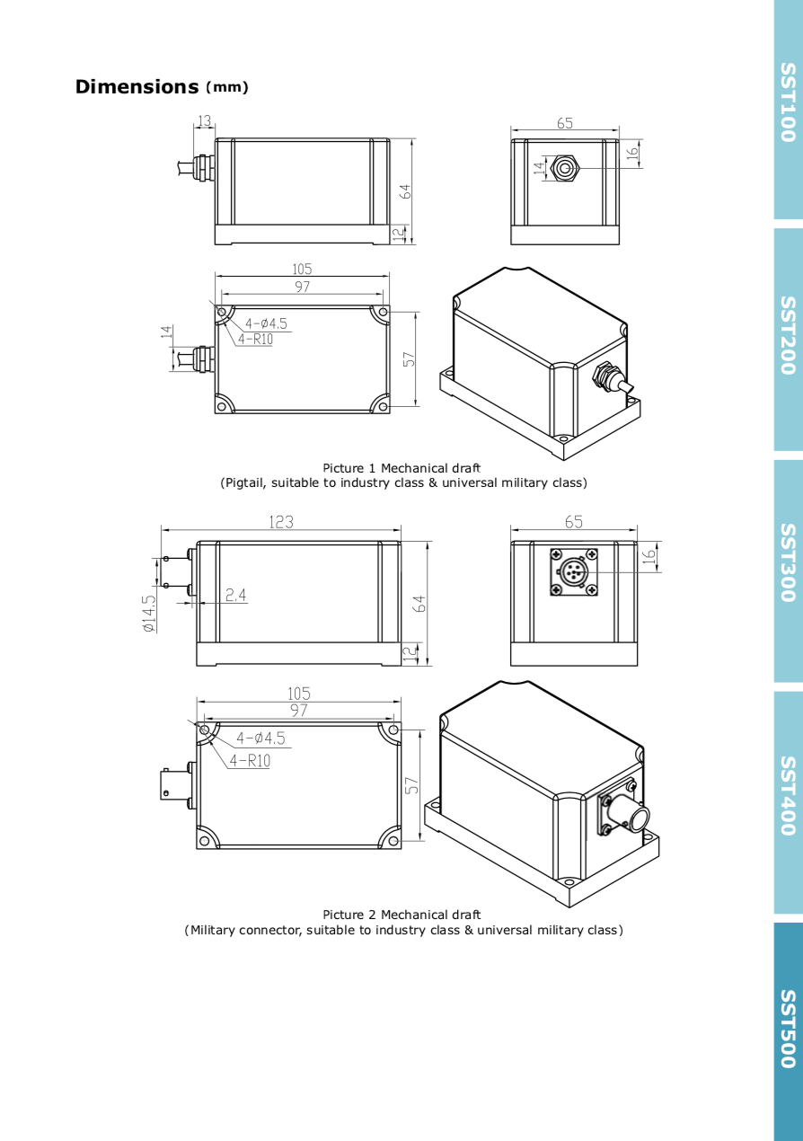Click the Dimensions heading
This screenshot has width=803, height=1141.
pos(137,87)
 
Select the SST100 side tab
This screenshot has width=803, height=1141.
pos(789,110)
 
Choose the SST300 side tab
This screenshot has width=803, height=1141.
pos(789,570)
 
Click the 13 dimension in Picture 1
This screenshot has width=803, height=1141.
pos(204,120)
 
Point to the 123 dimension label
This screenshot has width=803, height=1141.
pos(281,522)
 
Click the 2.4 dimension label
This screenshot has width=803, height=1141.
pos(235,595)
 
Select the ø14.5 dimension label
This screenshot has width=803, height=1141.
pos(149,614)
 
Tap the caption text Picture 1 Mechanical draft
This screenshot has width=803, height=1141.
pos(401,468)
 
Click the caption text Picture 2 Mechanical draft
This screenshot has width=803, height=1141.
pos(401,915)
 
